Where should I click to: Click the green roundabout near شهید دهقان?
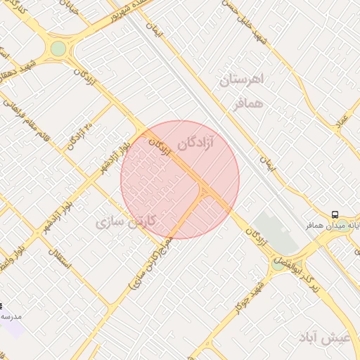click(x=58, y=49)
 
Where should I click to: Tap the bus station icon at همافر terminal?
click(x=335, y=214)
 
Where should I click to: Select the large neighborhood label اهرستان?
click(x=240, y=79)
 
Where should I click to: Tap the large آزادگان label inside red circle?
click(x=205, y=143)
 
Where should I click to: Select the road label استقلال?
click(x=57, y=262)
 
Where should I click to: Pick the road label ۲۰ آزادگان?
click(x=79, y=134)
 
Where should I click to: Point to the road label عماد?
click(x=342, y=120)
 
